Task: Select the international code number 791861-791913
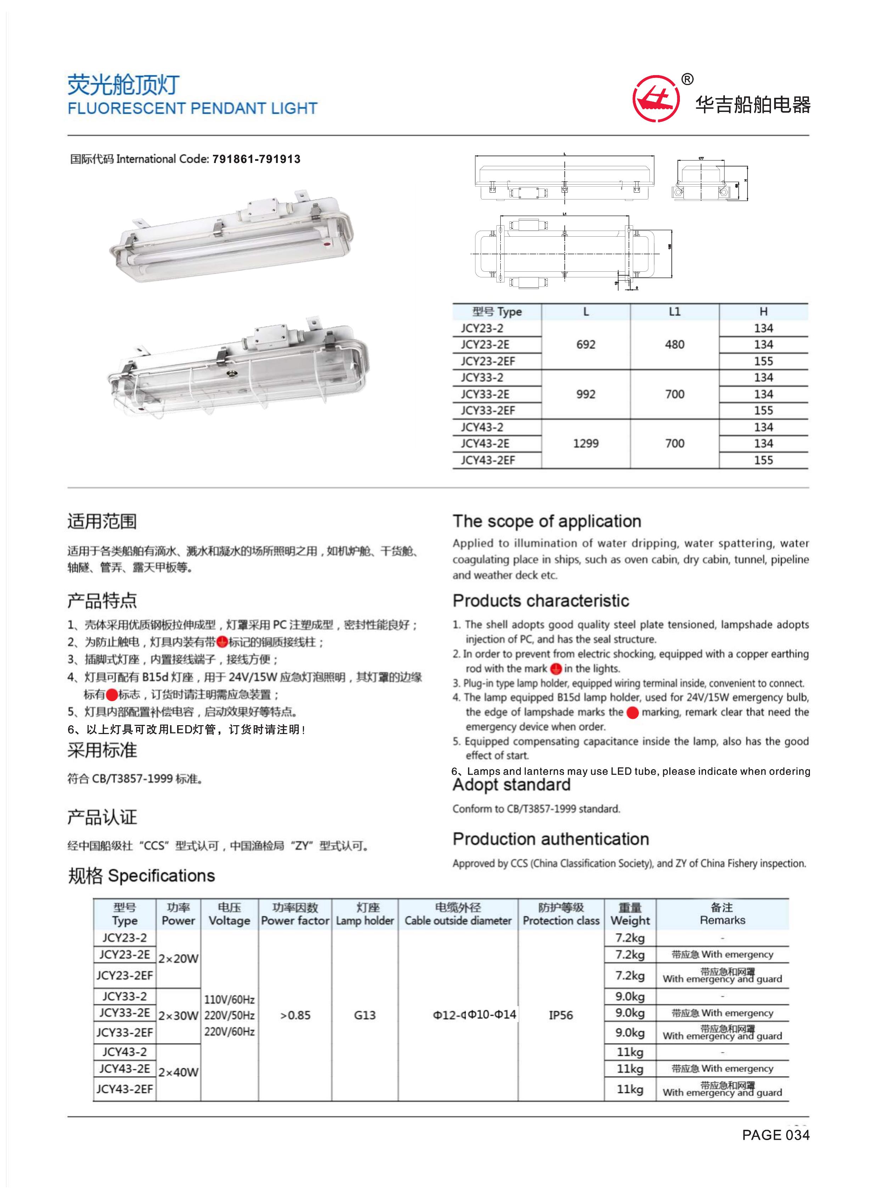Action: (x=257, y=159)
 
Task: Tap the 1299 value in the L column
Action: (x=585, y=443)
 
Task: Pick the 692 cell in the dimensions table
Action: (x=585, y=344)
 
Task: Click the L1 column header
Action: (x=674, y=312)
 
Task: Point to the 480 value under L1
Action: (x=674, y=344)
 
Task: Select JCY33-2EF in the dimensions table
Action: (x=488, y=410)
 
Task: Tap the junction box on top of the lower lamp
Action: (x=266, y=334)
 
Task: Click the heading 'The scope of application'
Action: (x=546, y=521)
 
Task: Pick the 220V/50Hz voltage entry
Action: (x=229, y=1015)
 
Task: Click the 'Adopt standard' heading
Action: (x=511, y=785)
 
